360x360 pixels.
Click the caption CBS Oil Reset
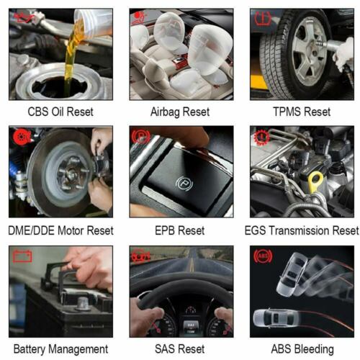[60, 112]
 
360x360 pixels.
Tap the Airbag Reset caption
[180, 112]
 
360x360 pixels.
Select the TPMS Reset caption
[302, 112]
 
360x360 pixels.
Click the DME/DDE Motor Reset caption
[60, 230]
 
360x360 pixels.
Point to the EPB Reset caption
[180, 230]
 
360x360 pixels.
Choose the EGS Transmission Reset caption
[302, 230]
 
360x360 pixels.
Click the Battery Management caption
[60, 349]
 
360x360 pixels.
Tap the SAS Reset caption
[180, 349]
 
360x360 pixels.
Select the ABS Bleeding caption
[302, 349]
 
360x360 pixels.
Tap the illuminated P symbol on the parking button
[184, 184]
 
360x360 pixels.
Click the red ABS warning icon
[263, 256]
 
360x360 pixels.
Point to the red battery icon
[22, 256]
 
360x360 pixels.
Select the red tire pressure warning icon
[263, 19]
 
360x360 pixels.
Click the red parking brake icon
[141, 137]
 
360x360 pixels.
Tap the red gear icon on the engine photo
[261, 137]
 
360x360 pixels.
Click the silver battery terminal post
[83, 304]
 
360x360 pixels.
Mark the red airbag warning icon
[140, 19]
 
